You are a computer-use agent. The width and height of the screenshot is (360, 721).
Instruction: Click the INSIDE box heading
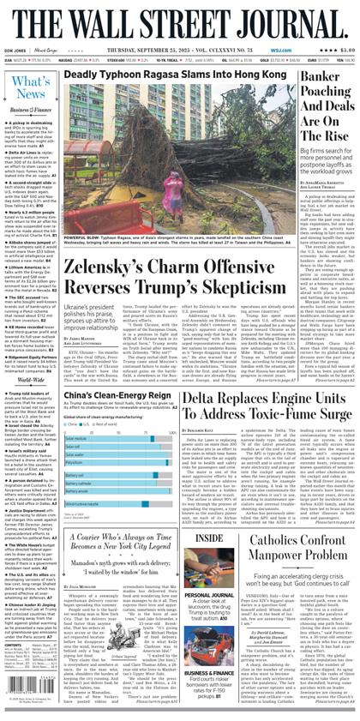click(x=208, y=539)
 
